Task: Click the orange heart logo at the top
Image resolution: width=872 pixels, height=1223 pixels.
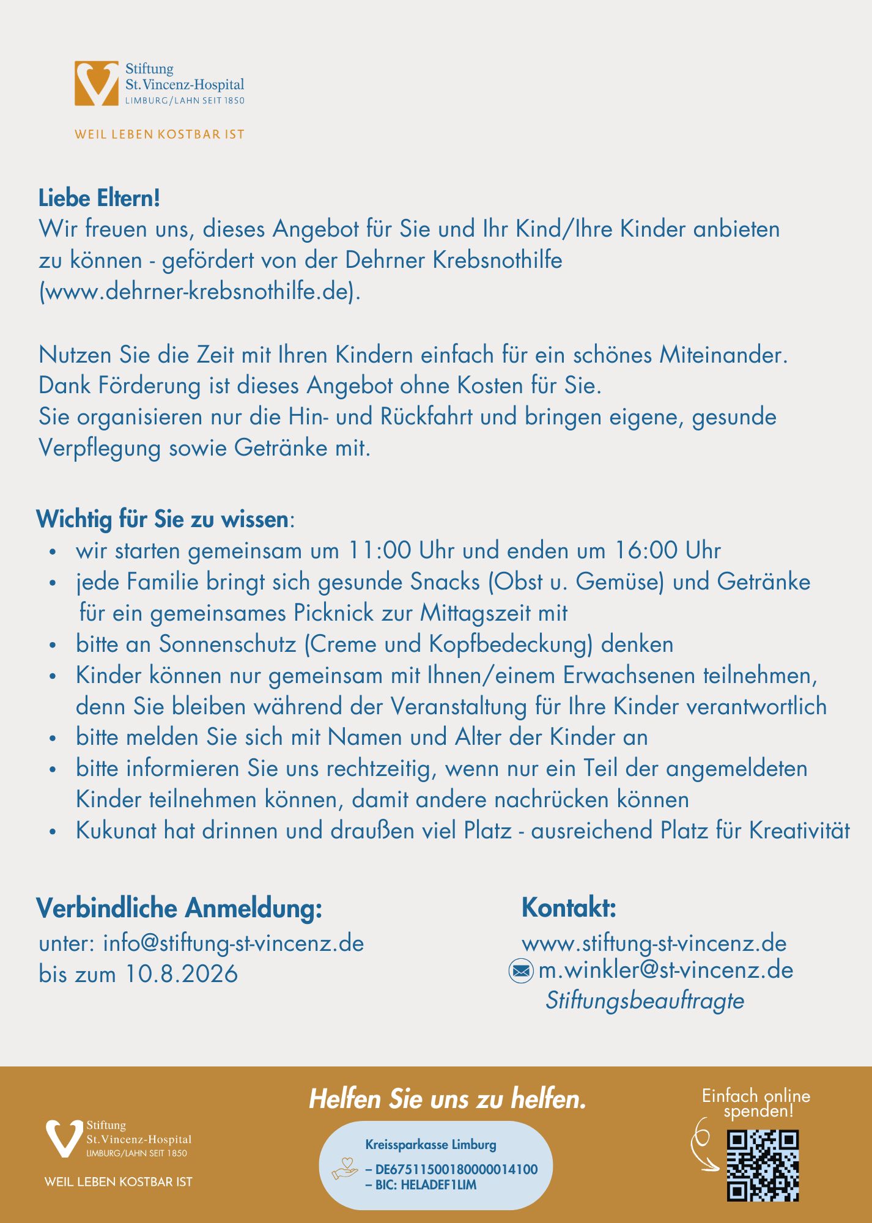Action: click(x=97, y=83)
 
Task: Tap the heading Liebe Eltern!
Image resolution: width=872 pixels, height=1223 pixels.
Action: click(x=99, y=198)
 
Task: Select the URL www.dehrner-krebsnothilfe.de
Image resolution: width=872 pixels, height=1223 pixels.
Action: click(x=199, y=291)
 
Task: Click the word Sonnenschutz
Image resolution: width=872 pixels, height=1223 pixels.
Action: click(x=227, y=644)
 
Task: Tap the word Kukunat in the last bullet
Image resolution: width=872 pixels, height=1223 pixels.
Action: click(x=116, y=830)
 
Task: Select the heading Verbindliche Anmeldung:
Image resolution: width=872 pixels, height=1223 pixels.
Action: click(x=179, y=908)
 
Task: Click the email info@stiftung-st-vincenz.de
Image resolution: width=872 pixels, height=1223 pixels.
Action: click(x=233, y=943)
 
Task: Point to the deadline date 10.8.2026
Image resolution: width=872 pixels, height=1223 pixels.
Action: click(x=182, y=974)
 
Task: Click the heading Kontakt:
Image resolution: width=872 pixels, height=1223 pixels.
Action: click(x=569, y=907)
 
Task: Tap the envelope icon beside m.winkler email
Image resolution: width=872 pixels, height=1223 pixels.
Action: click(x=521, y=970)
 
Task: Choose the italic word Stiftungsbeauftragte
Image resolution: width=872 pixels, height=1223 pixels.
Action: click(x=645, y=1001)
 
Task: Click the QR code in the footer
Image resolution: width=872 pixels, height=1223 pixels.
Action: click(x=762, y=1166)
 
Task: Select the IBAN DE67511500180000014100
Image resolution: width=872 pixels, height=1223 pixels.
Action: click(x=456, y=1169)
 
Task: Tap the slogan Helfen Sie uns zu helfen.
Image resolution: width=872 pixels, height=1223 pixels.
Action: click(x=448, y=1099)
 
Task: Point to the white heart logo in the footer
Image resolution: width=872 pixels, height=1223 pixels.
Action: click(x=64, y=1138)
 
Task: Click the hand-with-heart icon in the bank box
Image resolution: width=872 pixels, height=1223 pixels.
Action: click(x=344, y=1168)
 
